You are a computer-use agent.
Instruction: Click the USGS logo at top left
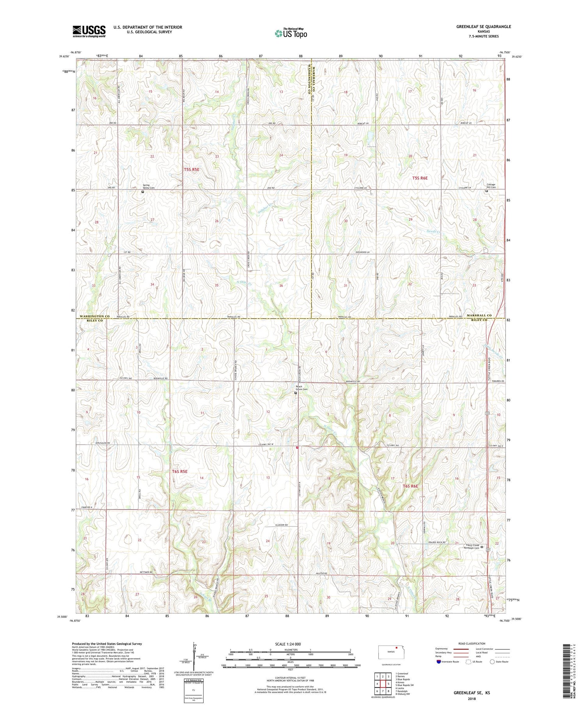pyautogui.click(x=89, y=31)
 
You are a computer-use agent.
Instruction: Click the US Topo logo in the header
pyautogui.click(x=291, y=34)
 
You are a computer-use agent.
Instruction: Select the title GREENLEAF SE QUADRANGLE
pyautogui.click(x=483, y=27)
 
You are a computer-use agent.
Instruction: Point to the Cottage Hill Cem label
pyautogui.click(x=491, y=186)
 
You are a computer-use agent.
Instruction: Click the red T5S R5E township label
pyautogui.click(x=191, y=170)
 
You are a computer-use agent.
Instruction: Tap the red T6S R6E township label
pyautogui.click(x=410, y=486)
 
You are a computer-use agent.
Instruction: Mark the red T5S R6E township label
pyautogui.click(x=420, y=178)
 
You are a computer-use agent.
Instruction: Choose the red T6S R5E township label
pyautogui.click(x=180, y=471)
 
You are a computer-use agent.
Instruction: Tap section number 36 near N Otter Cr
pyautogui.click(x=281, y=285)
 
